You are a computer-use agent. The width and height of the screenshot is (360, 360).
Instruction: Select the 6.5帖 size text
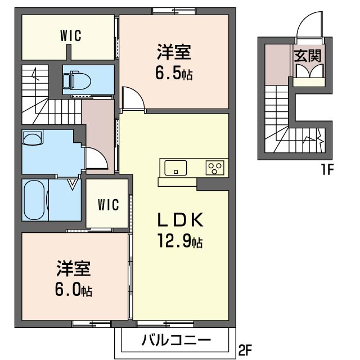pos(174,73)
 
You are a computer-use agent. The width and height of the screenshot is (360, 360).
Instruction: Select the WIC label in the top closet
pos(71,35)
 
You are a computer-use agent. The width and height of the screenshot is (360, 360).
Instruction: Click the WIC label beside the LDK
pos(108,205)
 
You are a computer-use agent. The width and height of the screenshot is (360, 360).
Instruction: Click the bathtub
pos(35,200)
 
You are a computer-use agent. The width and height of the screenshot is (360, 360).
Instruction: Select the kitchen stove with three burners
pos(215,167)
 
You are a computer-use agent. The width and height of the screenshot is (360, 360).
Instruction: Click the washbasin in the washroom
pos(33,138)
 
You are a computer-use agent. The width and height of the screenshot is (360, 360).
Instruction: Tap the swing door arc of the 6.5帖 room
pos(134,98)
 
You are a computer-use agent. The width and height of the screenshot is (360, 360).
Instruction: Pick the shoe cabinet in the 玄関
pos(308,73)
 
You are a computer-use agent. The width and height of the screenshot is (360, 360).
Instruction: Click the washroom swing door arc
pos(96,157)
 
